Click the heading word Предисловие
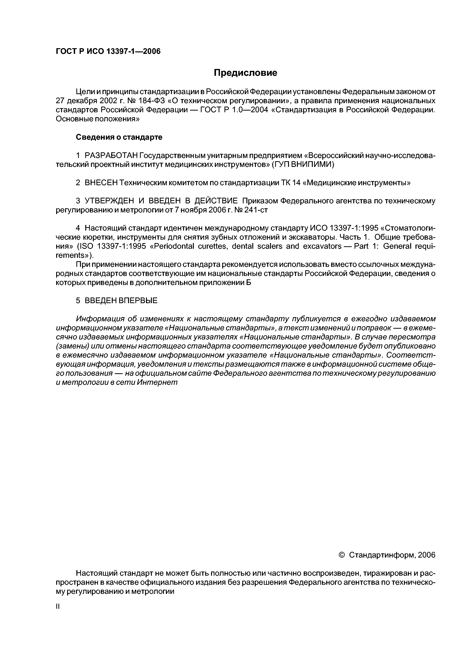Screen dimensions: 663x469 [x=245, y=73]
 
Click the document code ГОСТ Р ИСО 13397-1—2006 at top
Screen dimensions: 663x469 [x=108, y=51]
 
